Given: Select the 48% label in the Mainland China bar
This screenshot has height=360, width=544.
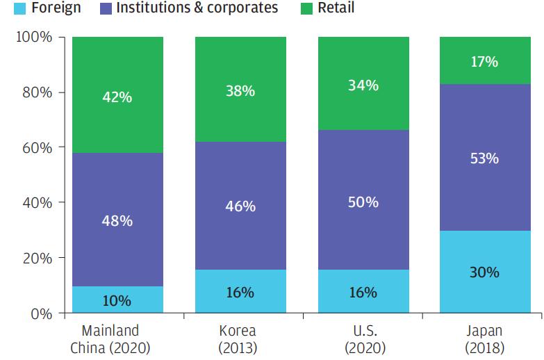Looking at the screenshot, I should (117, 221).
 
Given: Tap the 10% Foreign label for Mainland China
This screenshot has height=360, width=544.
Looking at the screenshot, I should (117, 301).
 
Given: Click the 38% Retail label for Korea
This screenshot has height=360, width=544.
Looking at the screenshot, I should (240, 90).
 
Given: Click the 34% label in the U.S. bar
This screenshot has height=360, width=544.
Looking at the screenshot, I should (363, 85).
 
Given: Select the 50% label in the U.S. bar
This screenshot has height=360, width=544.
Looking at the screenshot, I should (363, 202).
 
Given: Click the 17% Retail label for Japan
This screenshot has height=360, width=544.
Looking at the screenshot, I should (484, 62).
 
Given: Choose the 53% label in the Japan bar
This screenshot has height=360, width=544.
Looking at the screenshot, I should (484, 158).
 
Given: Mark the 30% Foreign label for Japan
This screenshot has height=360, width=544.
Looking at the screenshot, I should (484, 272).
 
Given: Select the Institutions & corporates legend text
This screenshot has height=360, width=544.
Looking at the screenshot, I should (197, 8).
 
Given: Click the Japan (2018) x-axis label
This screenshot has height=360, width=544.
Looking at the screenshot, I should (484, 338).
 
